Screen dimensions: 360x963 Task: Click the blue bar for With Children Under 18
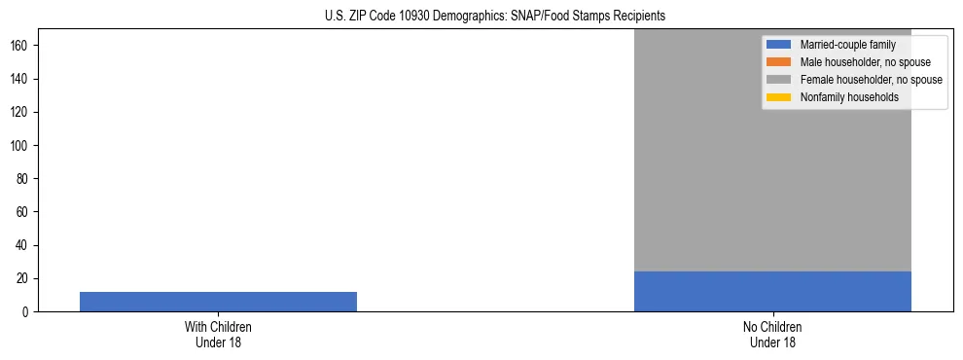click(x=218, y=301)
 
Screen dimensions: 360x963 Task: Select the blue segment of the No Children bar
click(x=772, y=291)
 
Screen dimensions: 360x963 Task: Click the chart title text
click(x=495, y=16)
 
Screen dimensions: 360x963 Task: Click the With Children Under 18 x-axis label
click(x=218, y=334)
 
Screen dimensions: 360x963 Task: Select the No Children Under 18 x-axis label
click(x=772, y=334)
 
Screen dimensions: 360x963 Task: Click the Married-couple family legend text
click(x=847, y=45)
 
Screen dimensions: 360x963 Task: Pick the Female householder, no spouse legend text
click(x=871, y=80)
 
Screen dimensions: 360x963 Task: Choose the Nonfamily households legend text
click(x=849, y=97)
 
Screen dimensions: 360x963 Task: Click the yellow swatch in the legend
click(x=779, y=97)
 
